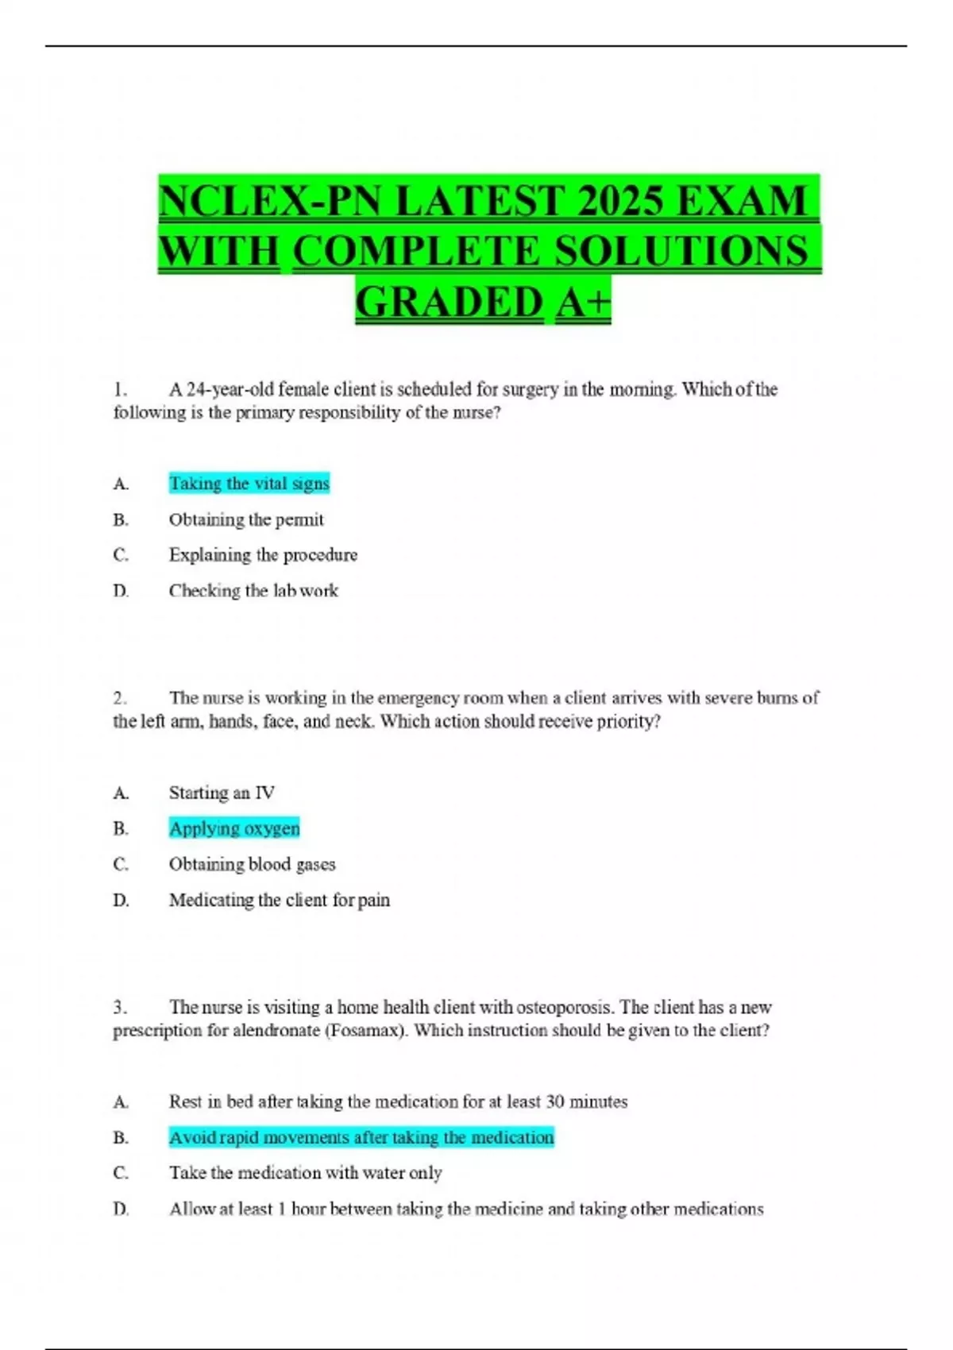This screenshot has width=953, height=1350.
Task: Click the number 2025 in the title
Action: [x=619, y=199]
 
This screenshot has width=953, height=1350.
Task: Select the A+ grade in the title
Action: [x=584, y=302]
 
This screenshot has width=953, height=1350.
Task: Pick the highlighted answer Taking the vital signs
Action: [x=249, y=484]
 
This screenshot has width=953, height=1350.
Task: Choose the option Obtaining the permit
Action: [x=246, y=519]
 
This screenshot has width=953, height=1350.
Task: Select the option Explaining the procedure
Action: [x=263, y=554]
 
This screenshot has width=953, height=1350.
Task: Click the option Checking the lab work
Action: [x=253, y=590]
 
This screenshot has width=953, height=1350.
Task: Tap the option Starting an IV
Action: [x=222, y=793]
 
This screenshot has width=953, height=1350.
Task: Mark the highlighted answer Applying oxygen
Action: [x=234, y=828]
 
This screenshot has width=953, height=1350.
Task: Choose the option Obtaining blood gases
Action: [x=252, y=864]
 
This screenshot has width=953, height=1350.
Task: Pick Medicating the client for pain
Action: [x=279, y=900]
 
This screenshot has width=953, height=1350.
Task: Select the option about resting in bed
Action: [x=398, y=1101]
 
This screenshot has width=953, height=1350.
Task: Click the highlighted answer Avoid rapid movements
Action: [x=361, y=1137]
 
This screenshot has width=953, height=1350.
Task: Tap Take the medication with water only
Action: [x=305, y=1173]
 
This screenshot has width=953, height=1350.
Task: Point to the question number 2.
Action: [x=119, y=698]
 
